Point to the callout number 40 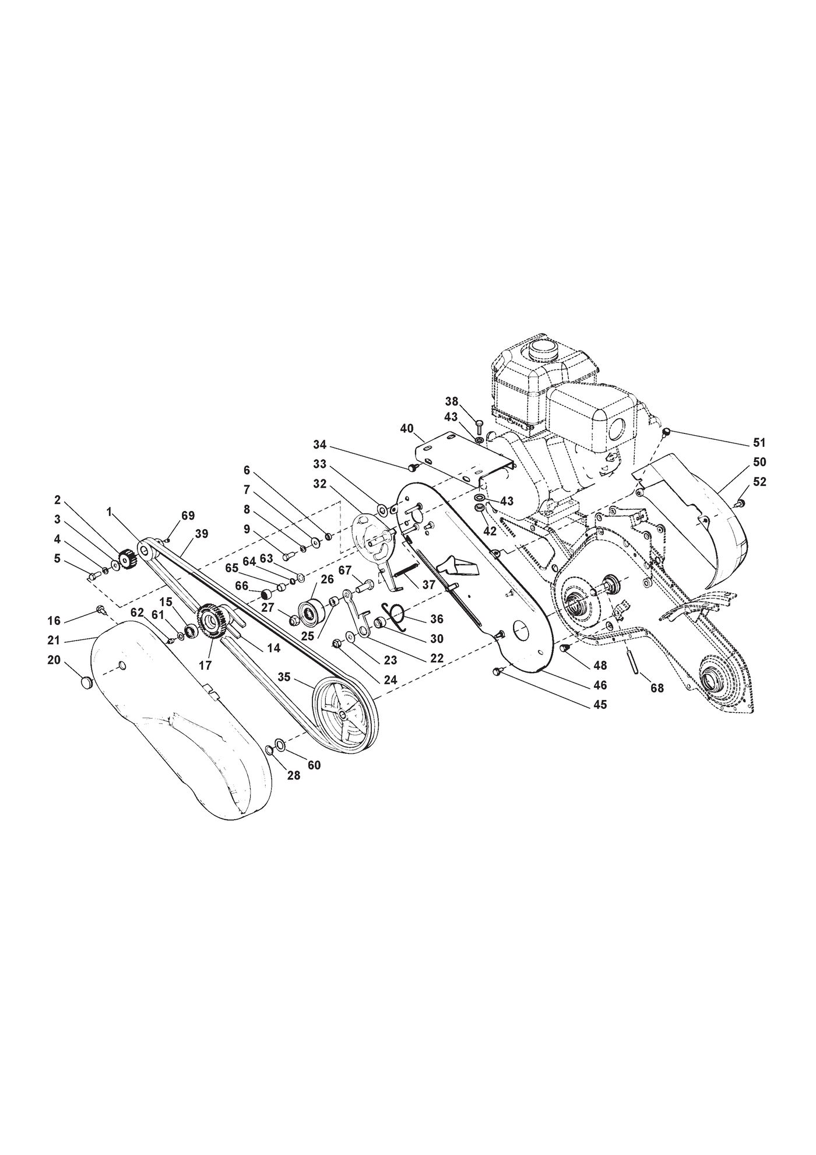pyautogui.click(x=407, y=429)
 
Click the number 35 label pyautogui.click(x=284, y=677)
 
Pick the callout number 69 pyautogui.click(x=188, y=515)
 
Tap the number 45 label pyautogui.click(x=600, y=705)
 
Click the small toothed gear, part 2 pyautogui.click(x=127, y=559)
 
